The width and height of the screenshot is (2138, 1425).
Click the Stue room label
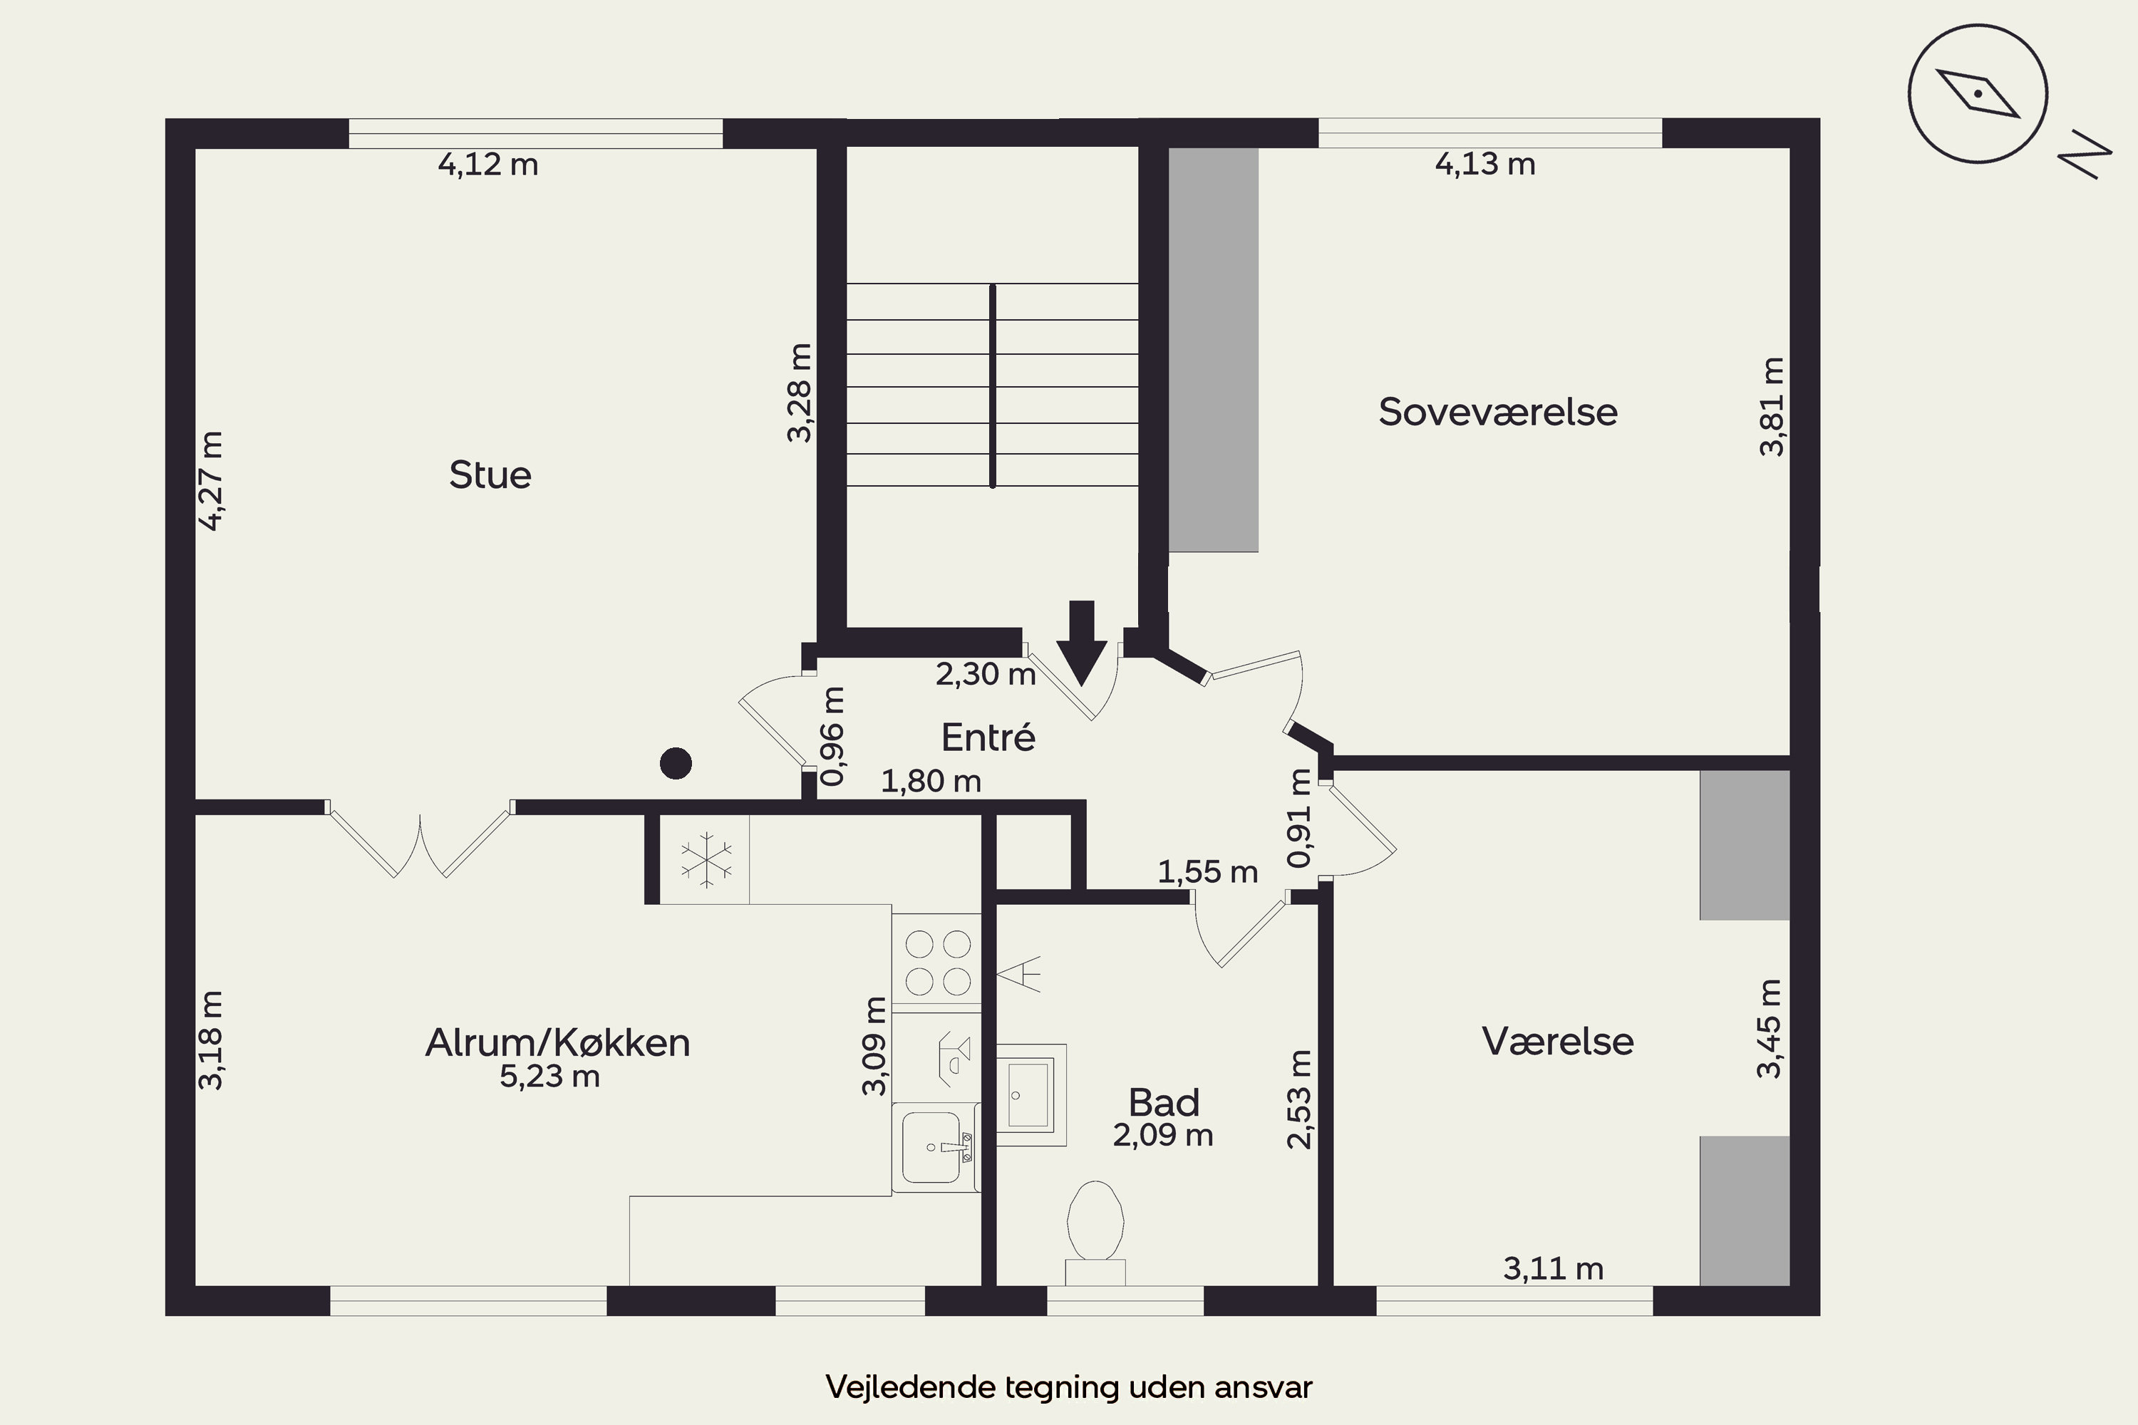490,475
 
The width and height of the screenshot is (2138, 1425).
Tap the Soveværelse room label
1498,412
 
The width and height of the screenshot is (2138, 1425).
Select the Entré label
988,736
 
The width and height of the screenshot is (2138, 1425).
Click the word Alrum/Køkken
557,1042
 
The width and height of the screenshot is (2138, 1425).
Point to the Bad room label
1164,1102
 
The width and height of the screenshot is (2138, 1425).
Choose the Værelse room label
1557,1040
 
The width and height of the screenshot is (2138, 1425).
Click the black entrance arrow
1082,643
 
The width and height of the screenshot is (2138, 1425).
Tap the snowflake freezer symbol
706,860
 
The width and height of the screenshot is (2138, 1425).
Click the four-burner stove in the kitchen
937,963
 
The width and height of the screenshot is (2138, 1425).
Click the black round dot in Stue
676,763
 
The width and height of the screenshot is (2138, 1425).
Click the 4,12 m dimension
488,165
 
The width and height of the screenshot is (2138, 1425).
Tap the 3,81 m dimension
1772,406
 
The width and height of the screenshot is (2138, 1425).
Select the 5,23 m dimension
549,1077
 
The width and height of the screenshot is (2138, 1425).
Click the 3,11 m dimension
1553,1269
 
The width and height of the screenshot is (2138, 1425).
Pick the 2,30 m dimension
986,674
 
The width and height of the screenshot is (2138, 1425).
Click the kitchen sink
937,1148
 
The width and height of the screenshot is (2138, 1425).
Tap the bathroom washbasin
1031,1094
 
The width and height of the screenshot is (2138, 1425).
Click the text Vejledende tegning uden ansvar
1069,1387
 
